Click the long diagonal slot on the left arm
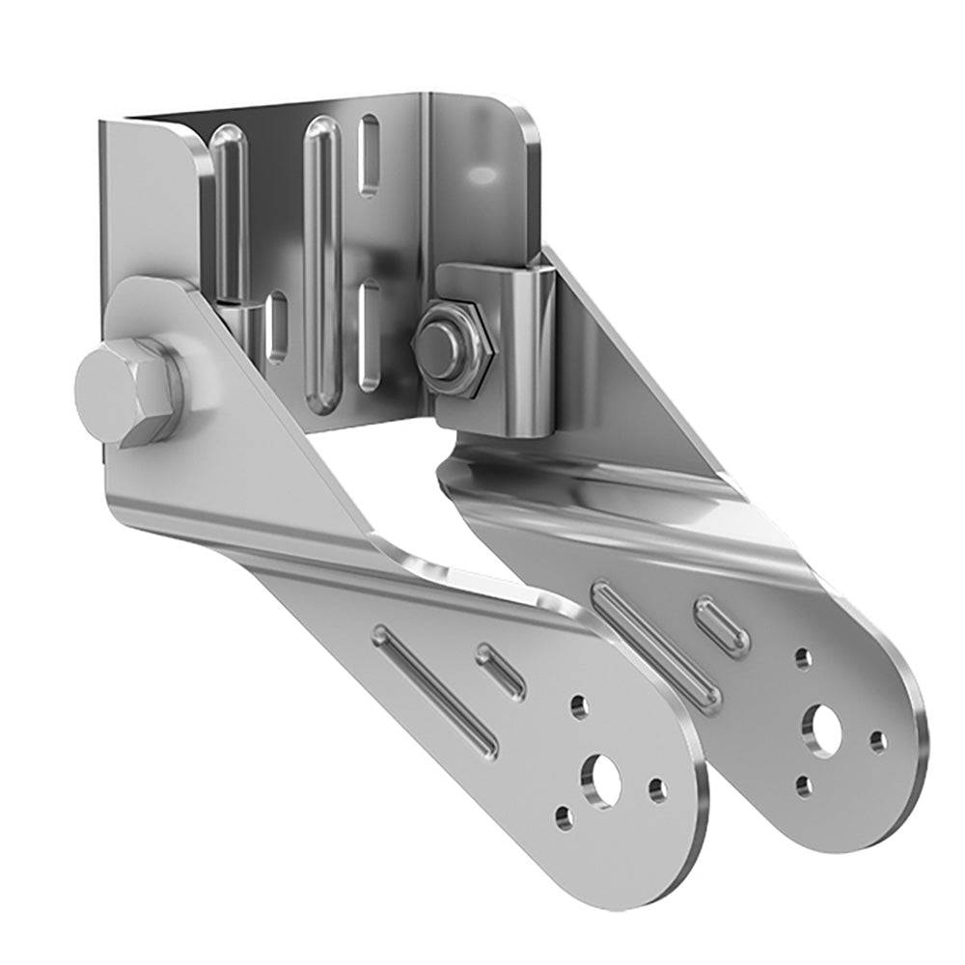(x=437, y=688)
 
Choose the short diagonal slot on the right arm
(x=724, y=624)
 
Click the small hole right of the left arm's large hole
(x=658, y=791)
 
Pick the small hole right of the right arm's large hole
(x=877, y=741)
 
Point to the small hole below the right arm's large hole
(x=803, y=786)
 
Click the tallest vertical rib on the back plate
(x=318, y=261)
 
